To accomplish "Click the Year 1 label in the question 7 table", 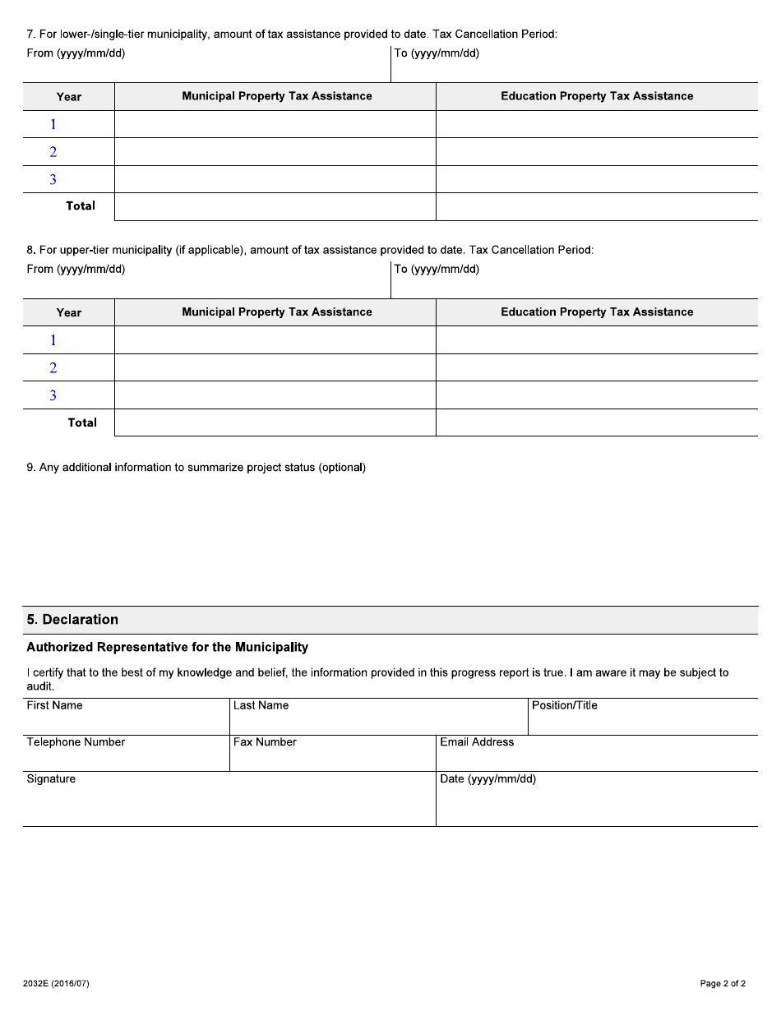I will [53, 124].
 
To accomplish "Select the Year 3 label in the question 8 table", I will [53, 395].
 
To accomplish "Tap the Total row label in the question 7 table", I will [81, 206].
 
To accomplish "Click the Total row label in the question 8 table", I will [82, 422].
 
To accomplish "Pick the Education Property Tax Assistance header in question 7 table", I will [597, 96].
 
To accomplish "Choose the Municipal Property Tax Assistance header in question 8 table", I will [276, 312].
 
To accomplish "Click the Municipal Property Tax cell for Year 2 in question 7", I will [275, 152].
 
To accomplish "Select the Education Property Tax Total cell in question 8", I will [597, 422].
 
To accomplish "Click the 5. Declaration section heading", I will [72, 620].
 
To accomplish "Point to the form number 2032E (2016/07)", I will [58, 984].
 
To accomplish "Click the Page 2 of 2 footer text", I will [723, 984].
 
